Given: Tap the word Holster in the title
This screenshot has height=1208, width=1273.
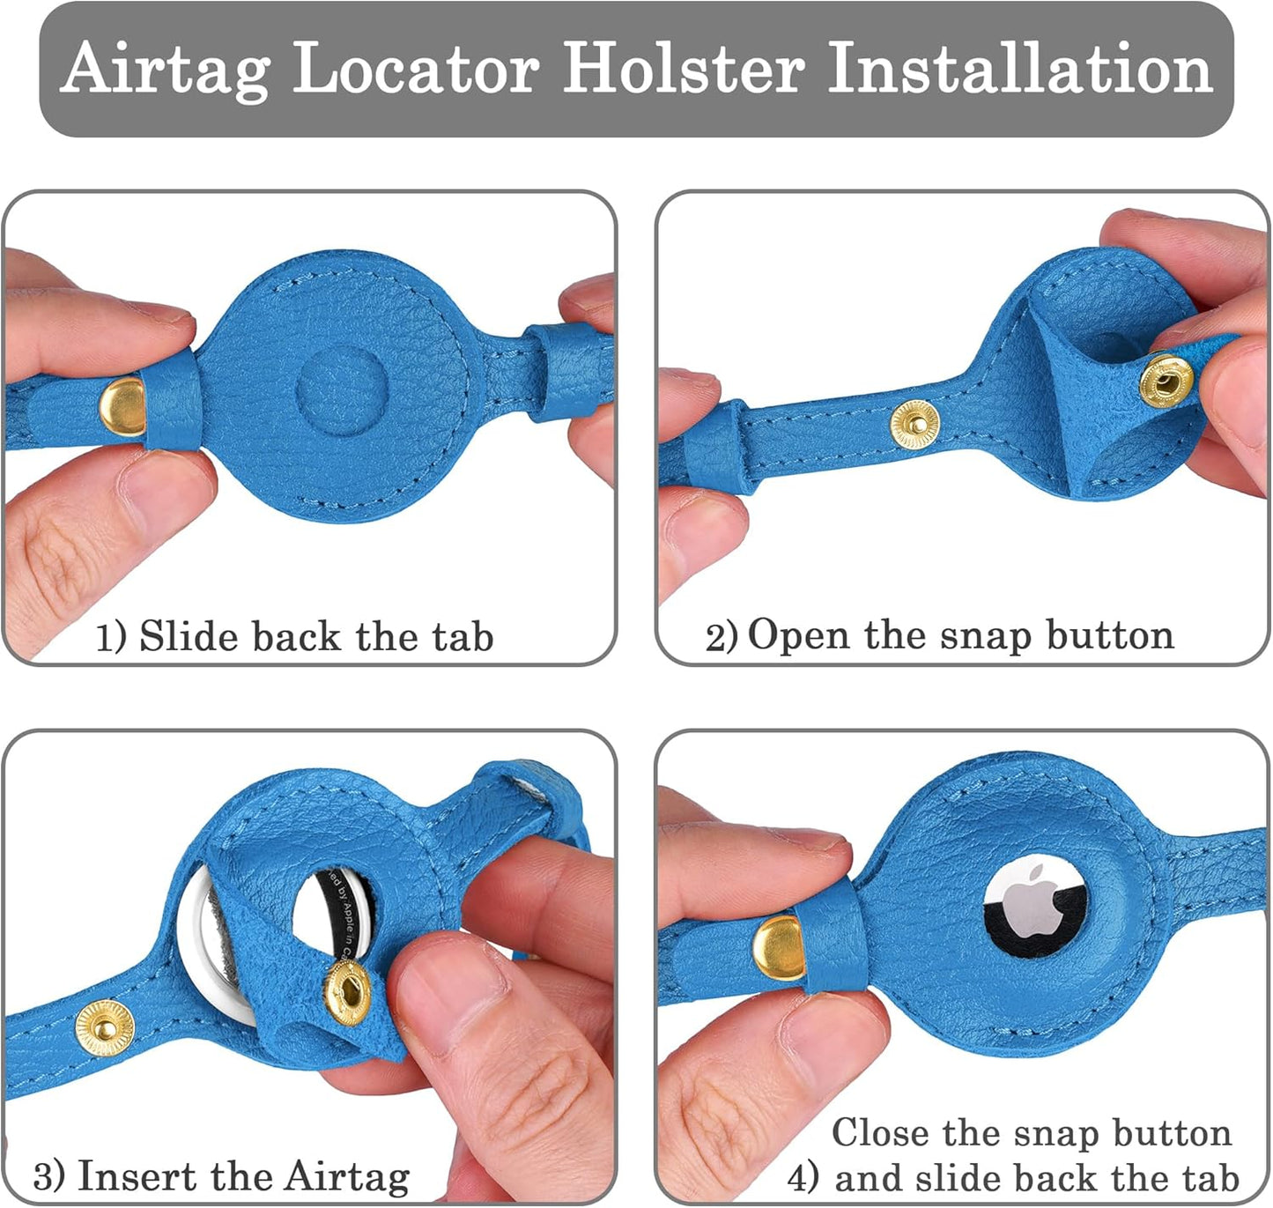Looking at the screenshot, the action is pyautogui.click(x=684, y=67).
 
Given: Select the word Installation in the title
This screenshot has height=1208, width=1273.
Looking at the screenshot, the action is pyautogui.click(x=1020, y=67).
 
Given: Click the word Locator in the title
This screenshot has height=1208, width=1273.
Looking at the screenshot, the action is pyautogui.click(x=417, y=67).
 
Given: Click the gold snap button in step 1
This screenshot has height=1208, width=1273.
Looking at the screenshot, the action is pyautogui.click(x=122, y=407).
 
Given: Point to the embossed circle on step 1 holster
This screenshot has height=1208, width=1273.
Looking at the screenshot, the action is pyautogui.click(x=341, y=390).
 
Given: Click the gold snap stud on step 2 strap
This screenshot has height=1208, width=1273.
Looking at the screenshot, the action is pyautogui.click(x=914, y=425).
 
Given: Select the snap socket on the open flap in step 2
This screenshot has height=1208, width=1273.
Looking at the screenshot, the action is pyautogui.click(x=1166, y=382).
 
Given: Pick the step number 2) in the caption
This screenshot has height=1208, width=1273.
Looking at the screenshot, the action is pyautogui.click(x=722, y=638).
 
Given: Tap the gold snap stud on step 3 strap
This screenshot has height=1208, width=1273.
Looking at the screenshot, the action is pyautogui.click(x=104, y=1027).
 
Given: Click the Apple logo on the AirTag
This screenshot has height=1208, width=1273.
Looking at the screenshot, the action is pyautogui.click(x=1034, y=901).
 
